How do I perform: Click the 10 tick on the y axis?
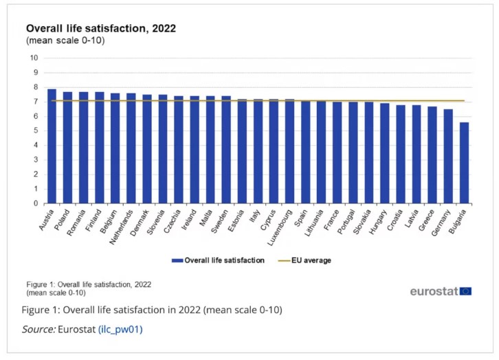(x=34, y=58)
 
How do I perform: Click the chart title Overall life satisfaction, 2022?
(x=101, y=29)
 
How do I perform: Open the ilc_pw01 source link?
(x=121, y=330)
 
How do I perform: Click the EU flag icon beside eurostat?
(x=465, y=291)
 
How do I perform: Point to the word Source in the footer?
(x=38, y=330)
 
